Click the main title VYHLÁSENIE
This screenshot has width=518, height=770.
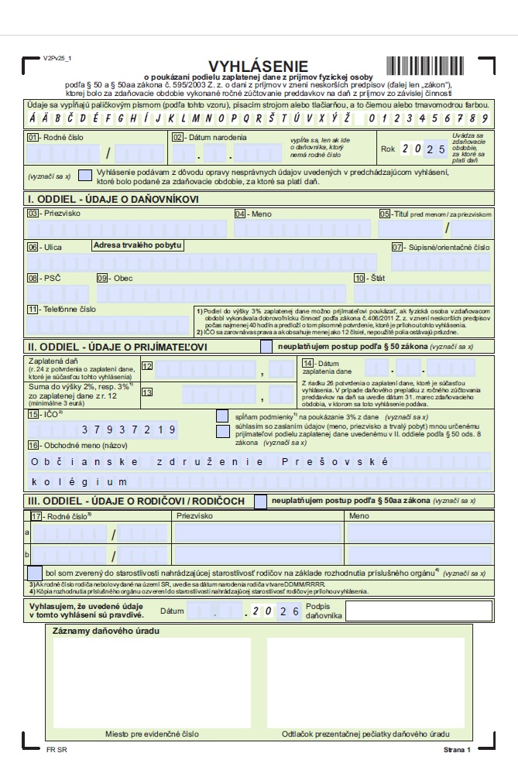click(x=258, y=67)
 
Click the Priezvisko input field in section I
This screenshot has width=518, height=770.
click(x=128, y=229)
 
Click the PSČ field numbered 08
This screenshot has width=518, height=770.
click(x=58, y=294)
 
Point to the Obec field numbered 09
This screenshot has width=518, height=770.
click(x=221, y=294)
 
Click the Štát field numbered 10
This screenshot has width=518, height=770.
click(x=423, y=294)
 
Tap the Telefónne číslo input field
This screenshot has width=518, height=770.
click(x=108, y=323)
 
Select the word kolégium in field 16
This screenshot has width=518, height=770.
click(x=71, y=481)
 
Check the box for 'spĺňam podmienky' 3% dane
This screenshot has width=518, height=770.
click(x=223, y=416)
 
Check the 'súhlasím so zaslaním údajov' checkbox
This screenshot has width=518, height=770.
click(x=223, y=429)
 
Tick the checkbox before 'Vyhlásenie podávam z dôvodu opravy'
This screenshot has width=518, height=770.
click(x=85, y=176)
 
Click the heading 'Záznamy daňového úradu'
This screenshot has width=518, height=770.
click(x=106, y=631)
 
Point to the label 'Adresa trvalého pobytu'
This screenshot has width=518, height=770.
click(x=137, y=245)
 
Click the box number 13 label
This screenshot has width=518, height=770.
click(x=147, y=392)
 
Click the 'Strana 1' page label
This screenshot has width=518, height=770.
click(x=457, y=750)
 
